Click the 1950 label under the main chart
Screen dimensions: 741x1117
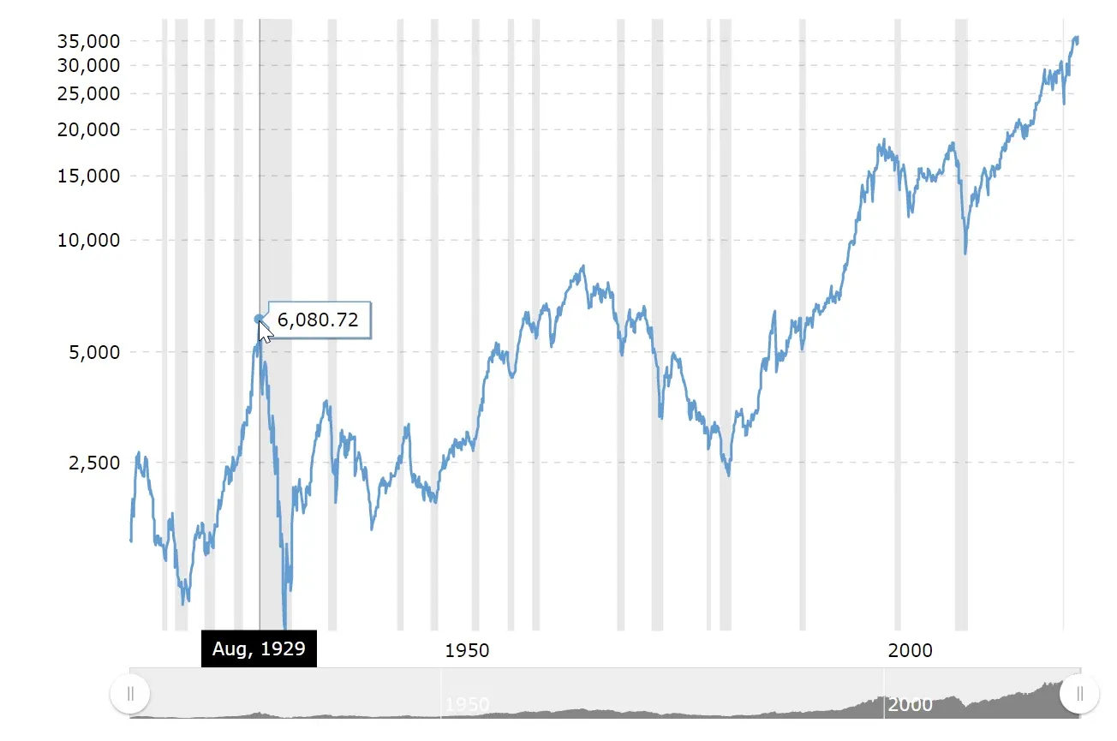468,651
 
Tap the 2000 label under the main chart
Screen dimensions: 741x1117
910,651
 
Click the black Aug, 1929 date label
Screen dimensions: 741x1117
259,648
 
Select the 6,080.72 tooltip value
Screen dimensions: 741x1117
318,320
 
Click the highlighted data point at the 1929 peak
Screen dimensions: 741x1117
259,319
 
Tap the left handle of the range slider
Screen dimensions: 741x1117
130,694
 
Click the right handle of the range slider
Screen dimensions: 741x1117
1079,694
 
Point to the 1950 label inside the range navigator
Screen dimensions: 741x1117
468,705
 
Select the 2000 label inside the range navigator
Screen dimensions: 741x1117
910,705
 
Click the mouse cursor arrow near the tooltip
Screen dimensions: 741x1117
266,332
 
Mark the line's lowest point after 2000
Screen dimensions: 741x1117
965,254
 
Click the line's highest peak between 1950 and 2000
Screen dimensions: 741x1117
583,266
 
